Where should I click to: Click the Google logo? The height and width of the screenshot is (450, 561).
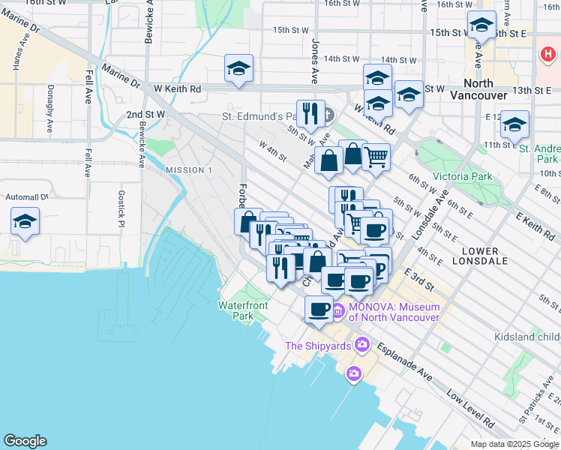tap(25, 441)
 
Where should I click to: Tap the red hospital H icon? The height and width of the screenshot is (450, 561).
tap(548, 54)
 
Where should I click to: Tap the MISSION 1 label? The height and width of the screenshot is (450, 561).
tap(189, 170)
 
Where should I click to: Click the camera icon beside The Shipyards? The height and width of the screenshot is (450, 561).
tap(363, 345)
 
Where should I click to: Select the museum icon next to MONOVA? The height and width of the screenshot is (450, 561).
tap(337, 311)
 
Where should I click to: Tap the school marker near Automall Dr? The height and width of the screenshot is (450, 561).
tap(25, 223)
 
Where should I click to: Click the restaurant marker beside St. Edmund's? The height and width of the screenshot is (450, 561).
tap(310, 114)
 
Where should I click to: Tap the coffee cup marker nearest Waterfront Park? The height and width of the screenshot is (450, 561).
tap(319, 308)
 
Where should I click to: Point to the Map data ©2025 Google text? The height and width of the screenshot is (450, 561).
tap(514, 444)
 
